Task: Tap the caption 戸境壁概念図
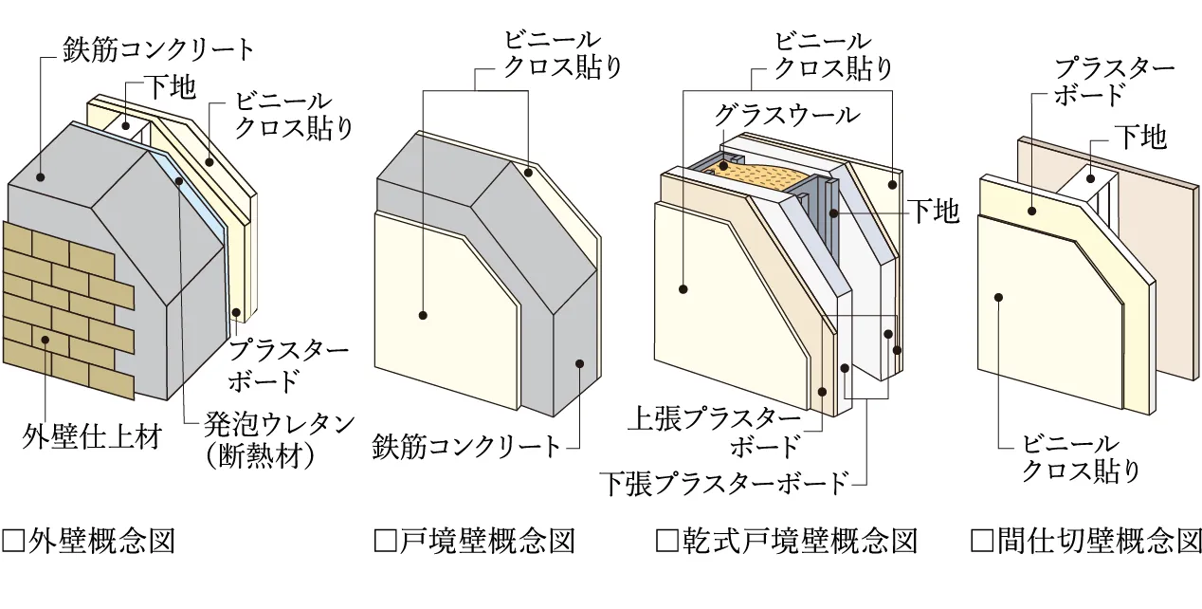coord(487,542)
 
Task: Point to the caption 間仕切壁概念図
coord(1098,542)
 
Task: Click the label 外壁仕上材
coord(92,437)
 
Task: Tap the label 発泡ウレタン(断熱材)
coord(270,438)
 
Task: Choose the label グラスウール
coord(787,115)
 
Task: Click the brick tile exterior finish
coord(66,304)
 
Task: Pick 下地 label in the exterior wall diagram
coord(171,88)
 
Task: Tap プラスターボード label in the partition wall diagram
coord(1115,82)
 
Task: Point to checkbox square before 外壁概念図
coord(14,542)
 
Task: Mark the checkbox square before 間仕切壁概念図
coord(982,542)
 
